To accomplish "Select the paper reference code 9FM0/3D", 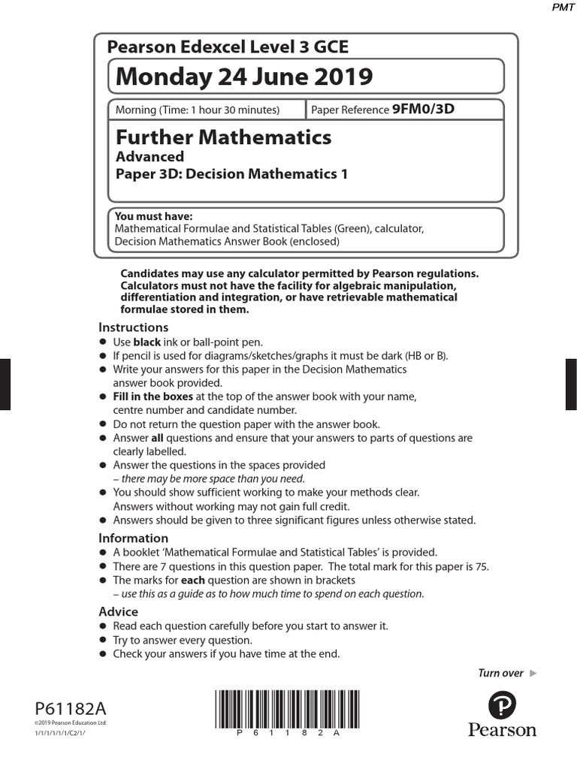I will pos(423,110).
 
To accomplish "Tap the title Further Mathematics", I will pos(223,137).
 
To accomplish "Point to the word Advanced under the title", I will pos(150,157).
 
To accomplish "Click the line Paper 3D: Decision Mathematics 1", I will pos(231,175).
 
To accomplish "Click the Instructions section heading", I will pos(133,327).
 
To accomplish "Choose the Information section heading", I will pos(133,538).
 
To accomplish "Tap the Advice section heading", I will pos(118,611).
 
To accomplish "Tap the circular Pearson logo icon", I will pos(502,705).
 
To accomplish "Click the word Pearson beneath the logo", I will pos(502,730).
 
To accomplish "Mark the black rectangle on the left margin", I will pos(5,384).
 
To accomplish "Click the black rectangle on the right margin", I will pos(571,384).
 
